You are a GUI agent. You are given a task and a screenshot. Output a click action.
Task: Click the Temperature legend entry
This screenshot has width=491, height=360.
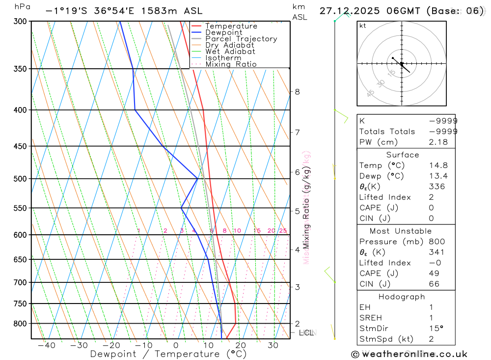coord(231,26)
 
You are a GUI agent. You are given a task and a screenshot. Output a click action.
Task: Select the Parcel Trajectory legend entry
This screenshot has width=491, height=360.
coord(241,39)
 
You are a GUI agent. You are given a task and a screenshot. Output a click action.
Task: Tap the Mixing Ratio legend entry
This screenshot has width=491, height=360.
coord(231,64)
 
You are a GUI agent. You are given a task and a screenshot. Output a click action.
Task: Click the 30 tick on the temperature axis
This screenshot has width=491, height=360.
coord(273,345)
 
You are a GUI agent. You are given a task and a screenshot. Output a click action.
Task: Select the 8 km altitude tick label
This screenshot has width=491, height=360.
coord(297,92)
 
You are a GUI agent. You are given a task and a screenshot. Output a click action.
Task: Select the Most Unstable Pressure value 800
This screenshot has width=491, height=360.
coord(437,242)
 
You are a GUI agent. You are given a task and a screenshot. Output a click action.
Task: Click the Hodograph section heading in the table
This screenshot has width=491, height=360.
coord(402,297)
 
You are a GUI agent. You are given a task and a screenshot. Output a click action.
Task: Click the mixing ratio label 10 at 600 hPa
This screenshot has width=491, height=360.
coord(237,231)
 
